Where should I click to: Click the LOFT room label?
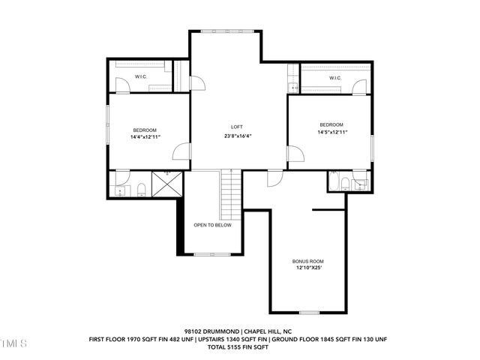[x=237, y=127]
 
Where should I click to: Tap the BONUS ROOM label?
[x=308, y=262]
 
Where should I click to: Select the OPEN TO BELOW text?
[x=212, y=225]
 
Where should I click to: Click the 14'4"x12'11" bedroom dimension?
[x=145, y=137]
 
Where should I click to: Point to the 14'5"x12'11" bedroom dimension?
[x=332, y=132]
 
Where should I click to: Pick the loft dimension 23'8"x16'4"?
[x=238, y=136]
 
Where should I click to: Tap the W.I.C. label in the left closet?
[x=141, y=76]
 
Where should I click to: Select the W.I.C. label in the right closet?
[x=335, y=78]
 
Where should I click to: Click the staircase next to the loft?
[x=231, y=195]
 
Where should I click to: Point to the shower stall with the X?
[x=167, y=184]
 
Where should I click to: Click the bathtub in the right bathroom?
[x=333, y=181]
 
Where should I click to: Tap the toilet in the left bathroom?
[x=141, y=190]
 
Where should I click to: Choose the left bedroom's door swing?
[x=181, y=151]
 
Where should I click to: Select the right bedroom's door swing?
[x=295, y=153]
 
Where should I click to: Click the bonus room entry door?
[x=275, y=178]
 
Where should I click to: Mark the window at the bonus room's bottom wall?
[x=309, y=313]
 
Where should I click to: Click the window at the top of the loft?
[x=227, y=31]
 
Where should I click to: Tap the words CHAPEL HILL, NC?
[x=268, y=331]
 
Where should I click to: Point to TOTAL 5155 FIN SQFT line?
[x=238, y=347]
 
